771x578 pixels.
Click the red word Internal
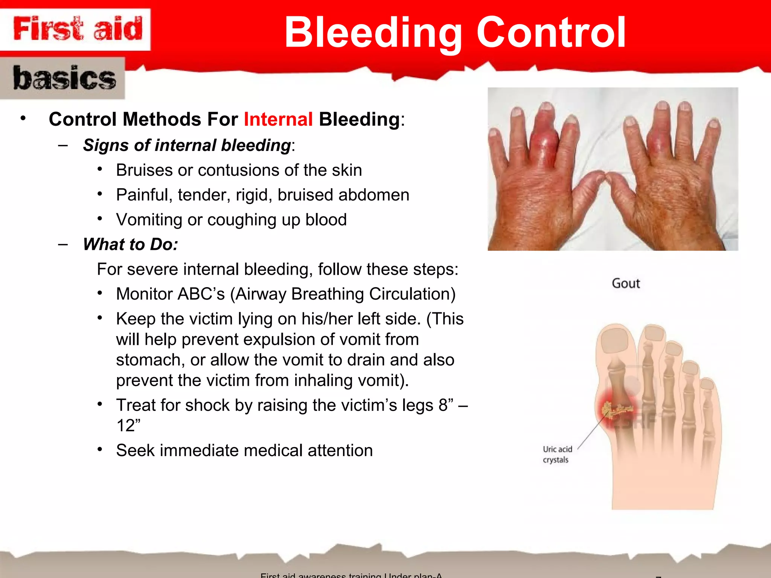[x=278, y=120]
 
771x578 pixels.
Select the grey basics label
[x=63, y=78]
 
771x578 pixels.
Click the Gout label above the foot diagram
[x=625, y=283]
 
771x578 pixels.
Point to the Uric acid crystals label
[x=557, y=454]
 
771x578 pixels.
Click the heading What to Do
[x=130, y=245]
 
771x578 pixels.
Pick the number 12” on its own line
[x=128, y=426]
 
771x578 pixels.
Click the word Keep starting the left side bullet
[x=136, y=319]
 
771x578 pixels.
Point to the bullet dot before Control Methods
[x=23, y=119]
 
